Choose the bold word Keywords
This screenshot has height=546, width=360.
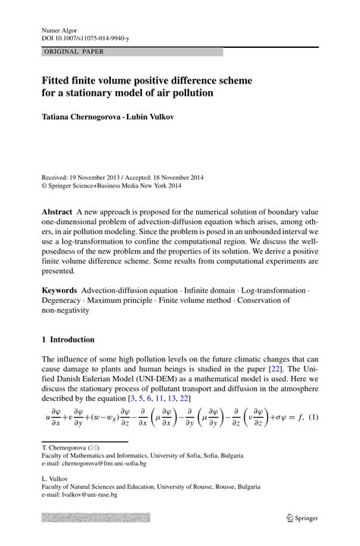60,291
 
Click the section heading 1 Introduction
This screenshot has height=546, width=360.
68,339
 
